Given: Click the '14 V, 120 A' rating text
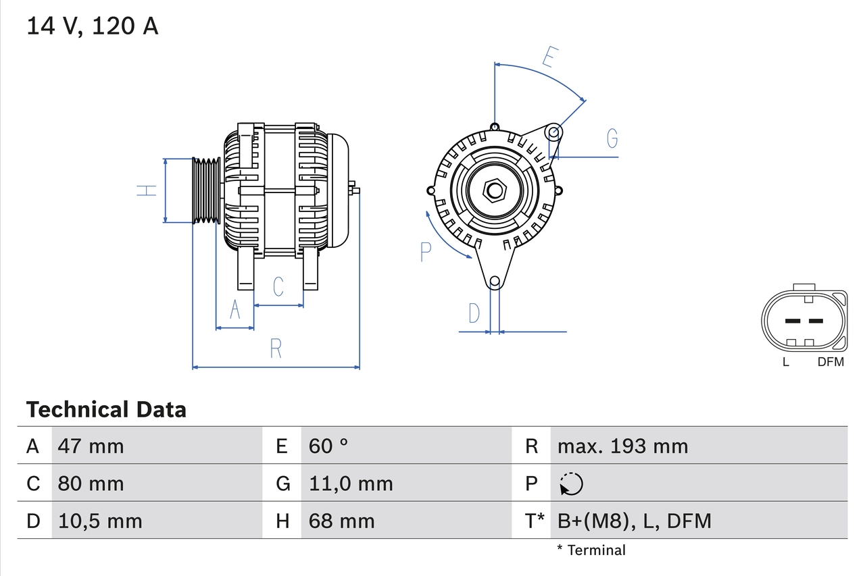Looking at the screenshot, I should tap(92, 26).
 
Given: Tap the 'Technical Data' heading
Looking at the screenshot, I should tap(106, 410).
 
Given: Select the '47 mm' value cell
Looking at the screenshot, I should tap(91, 446).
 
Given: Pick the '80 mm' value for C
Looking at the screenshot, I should tap(91, 483).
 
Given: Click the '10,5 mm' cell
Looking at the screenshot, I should tap(100, 521).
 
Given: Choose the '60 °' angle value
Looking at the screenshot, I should tap(328, 446).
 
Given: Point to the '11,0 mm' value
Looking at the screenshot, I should tap(350, 483).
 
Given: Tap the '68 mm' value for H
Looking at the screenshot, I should tap(341, 521).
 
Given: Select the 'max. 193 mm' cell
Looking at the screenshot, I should tap(622, 446).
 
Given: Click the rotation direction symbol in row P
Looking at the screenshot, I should tap(571, 483).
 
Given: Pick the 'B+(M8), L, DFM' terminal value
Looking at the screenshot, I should tap(634, 521).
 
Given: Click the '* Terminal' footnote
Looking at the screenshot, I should tap(591, 550).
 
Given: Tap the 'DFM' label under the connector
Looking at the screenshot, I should tap(831, 362).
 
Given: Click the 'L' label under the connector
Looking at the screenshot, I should tap(785, 362).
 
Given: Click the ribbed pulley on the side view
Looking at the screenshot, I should tap(207, 191).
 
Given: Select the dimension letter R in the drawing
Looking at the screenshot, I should tap(276, 348).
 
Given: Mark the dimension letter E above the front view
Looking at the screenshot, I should tap(549, 58).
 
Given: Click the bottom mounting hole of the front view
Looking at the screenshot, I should tap(495, 281).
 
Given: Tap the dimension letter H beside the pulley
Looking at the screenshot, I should tap(147, 190).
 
